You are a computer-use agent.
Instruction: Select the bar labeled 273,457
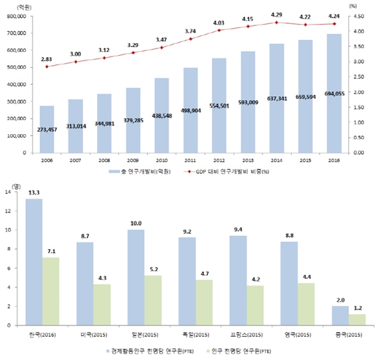tap(48, 129)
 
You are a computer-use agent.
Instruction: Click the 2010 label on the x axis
tap(162, 161)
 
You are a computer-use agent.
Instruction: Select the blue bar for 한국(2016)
tap(34, 262)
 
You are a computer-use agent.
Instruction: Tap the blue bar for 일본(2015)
tap(136, 277)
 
